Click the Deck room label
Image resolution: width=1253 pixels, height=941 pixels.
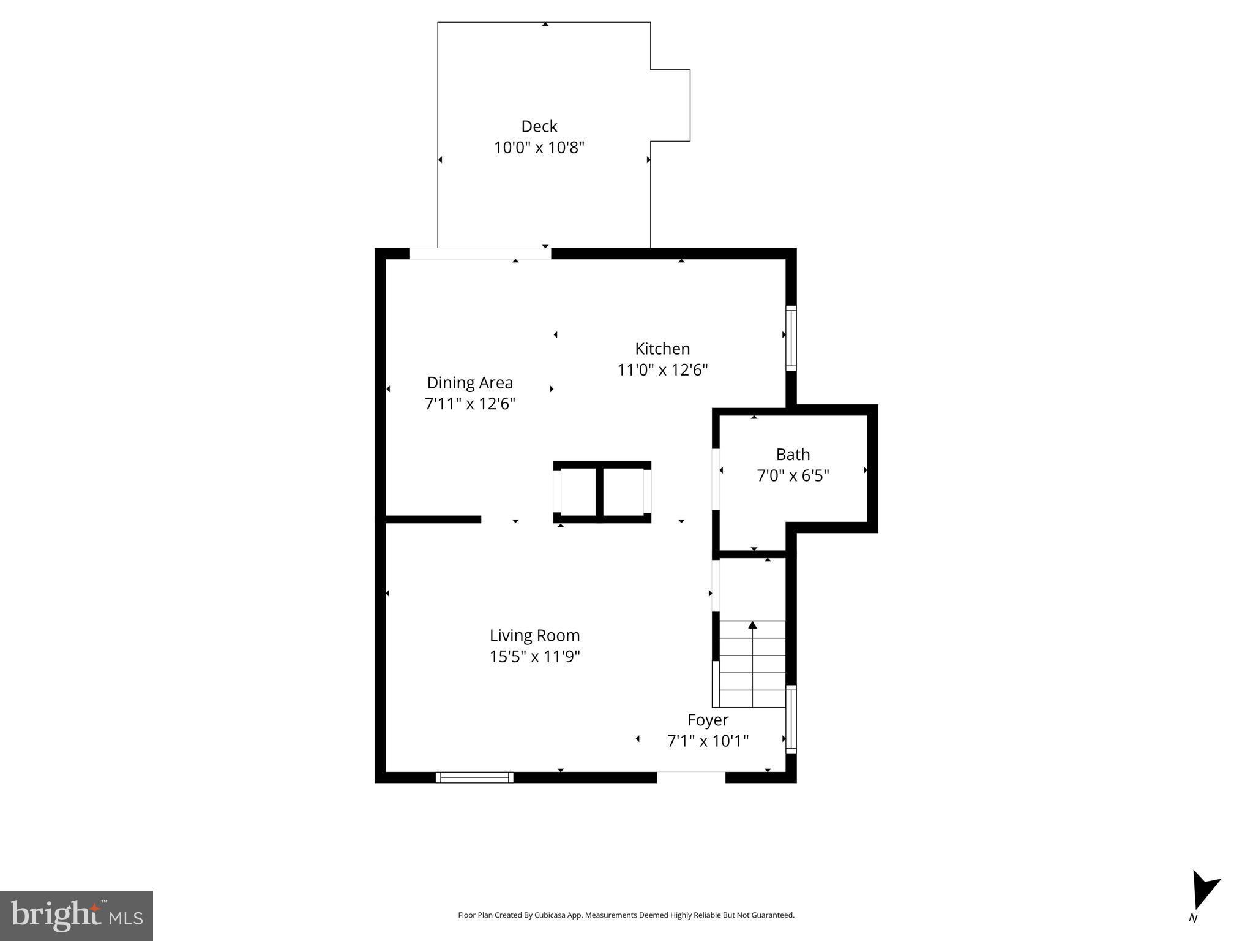click(539, 126)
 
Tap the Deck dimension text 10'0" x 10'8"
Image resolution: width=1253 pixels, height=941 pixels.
click(539, 148)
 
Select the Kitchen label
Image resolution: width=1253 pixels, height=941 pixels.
click(662, 349)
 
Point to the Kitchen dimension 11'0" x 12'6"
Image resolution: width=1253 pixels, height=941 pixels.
click(662, 370)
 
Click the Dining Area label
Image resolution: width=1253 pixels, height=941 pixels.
click(469, 382)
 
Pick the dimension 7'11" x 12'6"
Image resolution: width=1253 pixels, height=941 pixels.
click(469, 404)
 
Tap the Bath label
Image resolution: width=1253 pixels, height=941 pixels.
click(792, 455)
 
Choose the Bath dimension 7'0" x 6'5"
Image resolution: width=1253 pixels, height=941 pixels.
click(792, 476)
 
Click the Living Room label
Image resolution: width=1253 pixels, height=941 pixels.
click(534, 635)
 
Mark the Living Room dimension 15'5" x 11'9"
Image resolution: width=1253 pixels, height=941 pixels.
click(534, 657)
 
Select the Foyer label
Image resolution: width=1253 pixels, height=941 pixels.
click(707, 720)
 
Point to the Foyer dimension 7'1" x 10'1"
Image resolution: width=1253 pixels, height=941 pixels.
click(707, 741)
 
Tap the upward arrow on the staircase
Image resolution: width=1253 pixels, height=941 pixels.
click(752, 625)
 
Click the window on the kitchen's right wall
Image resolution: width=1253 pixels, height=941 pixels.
click(791, 338)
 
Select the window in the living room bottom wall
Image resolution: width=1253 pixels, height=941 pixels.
click(474, 777)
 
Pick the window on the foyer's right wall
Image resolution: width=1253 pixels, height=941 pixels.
click(791, 720)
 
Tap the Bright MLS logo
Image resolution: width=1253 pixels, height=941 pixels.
click(76, 915)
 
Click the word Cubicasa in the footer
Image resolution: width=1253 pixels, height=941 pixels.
click(549, 915)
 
